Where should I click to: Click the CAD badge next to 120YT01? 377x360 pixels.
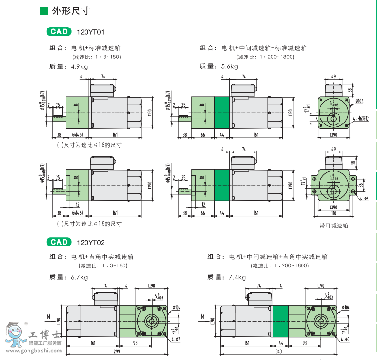tap(60, 32)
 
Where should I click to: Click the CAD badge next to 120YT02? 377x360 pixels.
tap(60, 242)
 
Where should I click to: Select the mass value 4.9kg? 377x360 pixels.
tap(79, 67)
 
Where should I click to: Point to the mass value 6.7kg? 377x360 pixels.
tap(79, 277)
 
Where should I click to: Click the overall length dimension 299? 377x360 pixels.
tap(117, 351)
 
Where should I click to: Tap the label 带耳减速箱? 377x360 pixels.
tap(334, 226)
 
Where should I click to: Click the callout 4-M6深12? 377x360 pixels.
tap(361, 119)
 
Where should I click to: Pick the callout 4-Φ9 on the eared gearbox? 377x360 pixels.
tap(364, 199)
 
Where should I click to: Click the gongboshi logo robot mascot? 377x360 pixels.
tap(13, 335)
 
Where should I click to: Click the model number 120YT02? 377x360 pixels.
tap(90, 242)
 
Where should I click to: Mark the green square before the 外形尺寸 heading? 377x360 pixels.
tap(44, 10)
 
